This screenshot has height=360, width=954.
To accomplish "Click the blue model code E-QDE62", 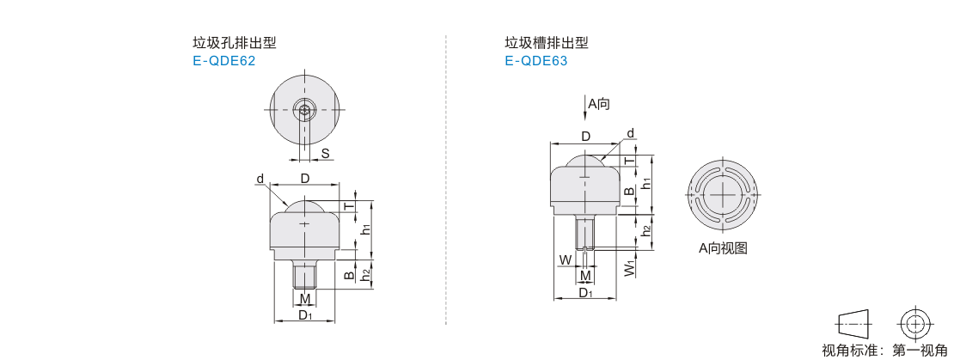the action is (x=223, y=61).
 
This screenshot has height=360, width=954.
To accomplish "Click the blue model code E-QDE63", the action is (x=535, y=61).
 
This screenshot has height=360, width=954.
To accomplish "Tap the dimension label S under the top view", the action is (x=326, y=153).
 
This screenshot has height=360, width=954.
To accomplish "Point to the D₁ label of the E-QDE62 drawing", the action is (x=305, y=315).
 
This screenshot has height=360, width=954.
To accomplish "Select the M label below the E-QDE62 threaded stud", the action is (x=305, y=299).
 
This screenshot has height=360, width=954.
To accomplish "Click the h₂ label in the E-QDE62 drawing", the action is (x=365, y=276).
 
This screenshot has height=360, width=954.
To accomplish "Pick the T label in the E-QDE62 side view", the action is (x=349, y=207).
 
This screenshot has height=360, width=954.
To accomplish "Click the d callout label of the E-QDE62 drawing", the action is (x=260, y=179).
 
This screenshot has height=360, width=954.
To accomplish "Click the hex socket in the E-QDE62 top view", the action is (x=305, y=110).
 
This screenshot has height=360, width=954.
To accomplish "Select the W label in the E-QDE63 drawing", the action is (x=566, y=260).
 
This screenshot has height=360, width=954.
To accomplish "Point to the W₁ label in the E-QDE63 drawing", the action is (x=630, y=269).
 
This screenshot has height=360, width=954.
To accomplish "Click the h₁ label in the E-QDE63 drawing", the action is (x=647, y=182).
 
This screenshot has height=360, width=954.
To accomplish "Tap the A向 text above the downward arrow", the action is (x=599, y=104).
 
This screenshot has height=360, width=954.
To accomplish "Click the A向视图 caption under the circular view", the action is (x=722, y=248).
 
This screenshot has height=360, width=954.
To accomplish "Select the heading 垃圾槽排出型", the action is (x=547, y=43).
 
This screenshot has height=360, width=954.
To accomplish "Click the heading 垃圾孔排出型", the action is (x=235, y=43).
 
